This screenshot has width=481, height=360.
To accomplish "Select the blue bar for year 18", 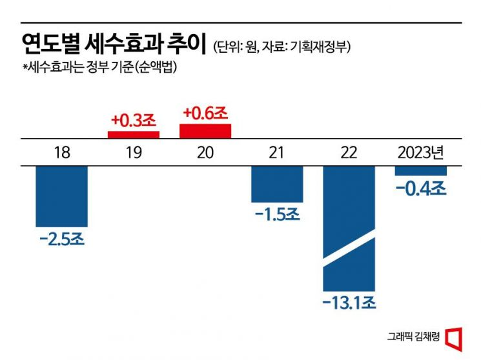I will tap(61, 196).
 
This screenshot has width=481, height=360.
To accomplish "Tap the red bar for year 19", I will tap(133, 134).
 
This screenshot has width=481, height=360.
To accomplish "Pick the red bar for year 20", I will tap(205, 130).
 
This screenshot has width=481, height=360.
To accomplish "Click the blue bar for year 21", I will tap(277, 184).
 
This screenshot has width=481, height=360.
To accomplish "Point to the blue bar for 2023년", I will tap(421, 170).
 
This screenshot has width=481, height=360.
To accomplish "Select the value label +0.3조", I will tap(133, 120).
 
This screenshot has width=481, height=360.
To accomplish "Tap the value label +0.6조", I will tap(205, 113).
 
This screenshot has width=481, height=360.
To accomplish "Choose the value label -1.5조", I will tap(277, 214).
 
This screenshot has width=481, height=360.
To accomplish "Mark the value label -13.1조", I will tap(349, 302).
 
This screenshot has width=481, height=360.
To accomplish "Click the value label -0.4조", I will tap(421, 188).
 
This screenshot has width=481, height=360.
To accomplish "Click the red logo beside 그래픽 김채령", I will tap(455, 337).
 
